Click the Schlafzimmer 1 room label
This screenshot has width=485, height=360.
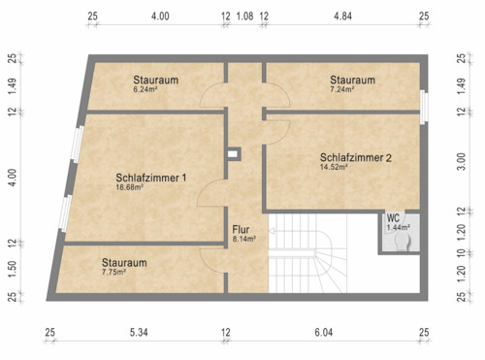(x=150, y=178)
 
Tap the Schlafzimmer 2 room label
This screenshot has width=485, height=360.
(x=356, y=157)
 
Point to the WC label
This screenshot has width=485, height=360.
(x=393, y=218)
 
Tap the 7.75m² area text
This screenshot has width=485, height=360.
(x=114, y=272)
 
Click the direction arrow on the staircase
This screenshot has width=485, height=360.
(x=275, y=232)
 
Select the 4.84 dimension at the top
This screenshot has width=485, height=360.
(x=343, y=16)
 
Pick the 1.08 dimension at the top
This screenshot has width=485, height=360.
(x=244, y=16)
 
